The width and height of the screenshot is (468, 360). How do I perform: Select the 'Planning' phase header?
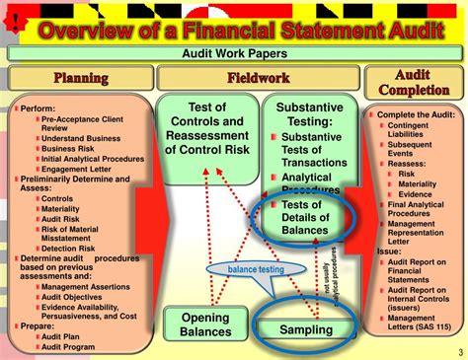coord(81,78)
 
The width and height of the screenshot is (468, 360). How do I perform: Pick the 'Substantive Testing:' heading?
coord(309,115)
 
